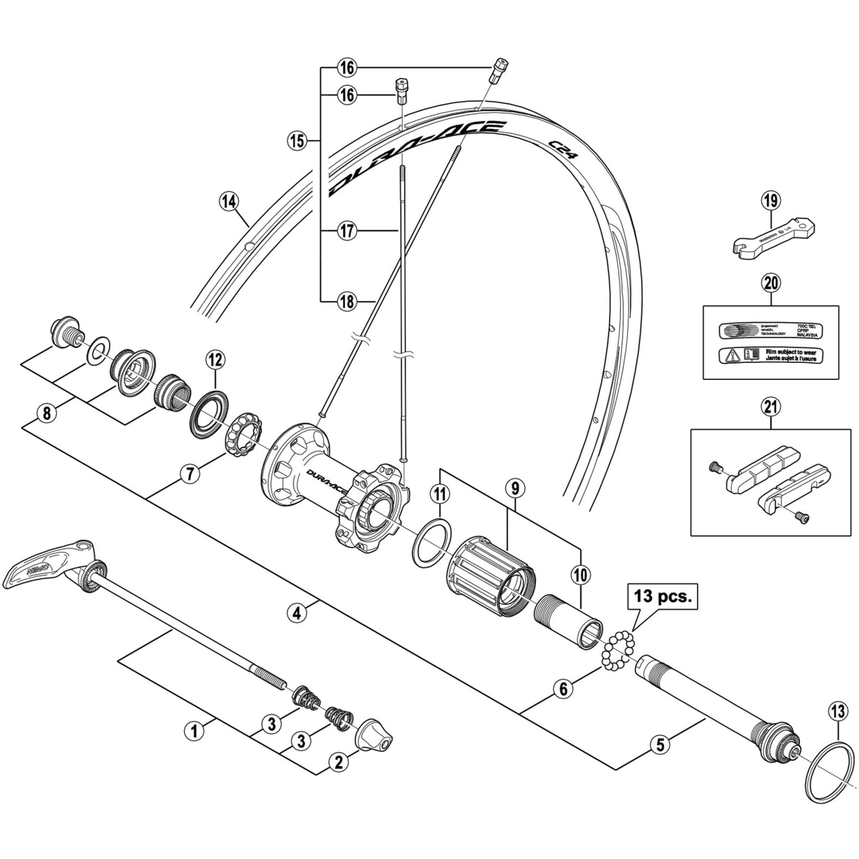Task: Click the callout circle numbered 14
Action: click(229, 202)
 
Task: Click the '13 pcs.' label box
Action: click(663, 596)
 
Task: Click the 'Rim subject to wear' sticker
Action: click(771, 355)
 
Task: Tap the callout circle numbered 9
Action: click(515, 488)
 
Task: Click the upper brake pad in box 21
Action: click(762, 472)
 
